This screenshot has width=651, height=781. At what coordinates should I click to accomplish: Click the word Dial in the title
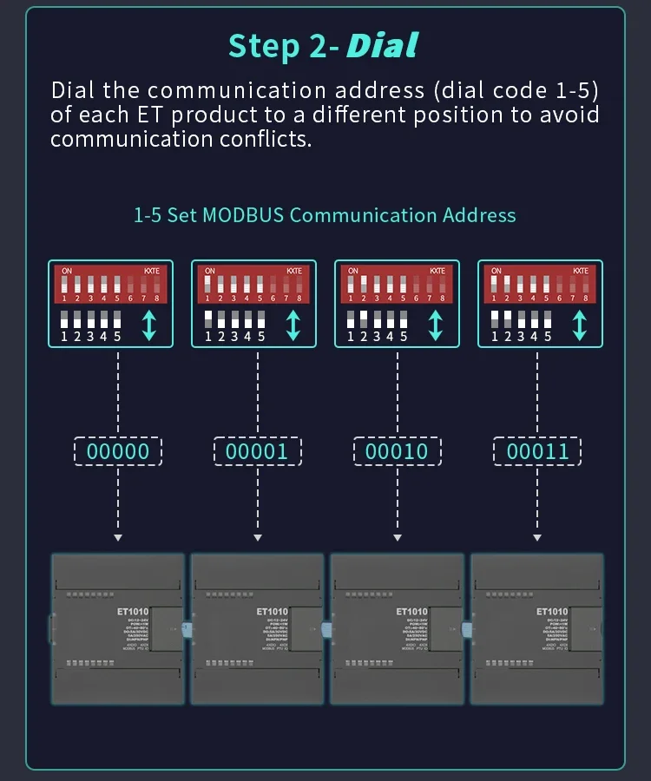(x=382, y=45)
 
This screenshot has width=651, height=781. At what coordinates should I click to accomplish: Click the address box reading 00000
(x=118, y=451)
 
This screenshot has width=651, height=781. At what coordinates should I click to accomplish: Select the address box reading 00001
(x=257, y=451)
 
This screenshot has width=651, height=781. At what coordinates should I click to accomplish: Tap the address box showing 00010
(x=397, y=451)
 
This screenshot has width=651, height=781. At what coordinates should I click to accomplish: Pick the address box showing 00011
(x=537, y=451)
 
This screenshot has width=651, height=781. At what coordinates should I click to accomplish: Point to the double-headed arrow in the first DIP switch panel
(x=149, y=324)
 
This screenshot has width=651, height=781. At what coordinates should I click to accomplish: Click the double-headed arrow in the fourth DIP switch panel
(x=580, y=324)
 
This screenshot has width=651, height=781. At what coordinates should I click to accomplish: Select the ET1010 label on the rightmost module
(x=551, y=612)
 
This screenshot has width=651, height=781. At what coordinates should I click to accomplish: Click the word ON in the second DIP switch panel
(x=209, y=271)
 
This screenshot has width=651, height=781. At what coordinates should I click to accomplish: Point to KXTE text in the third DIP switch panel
(x=437, y=271)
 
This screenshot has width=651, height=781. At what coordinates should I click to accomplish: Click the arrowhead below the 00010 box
(x=397, y=538)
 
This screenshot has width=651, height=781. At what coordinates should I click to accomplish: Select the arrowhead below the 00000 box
(x=118, y=538)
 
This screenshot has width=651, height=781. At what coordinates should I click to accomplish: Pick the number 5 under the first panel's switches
(x=117, y=337)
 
